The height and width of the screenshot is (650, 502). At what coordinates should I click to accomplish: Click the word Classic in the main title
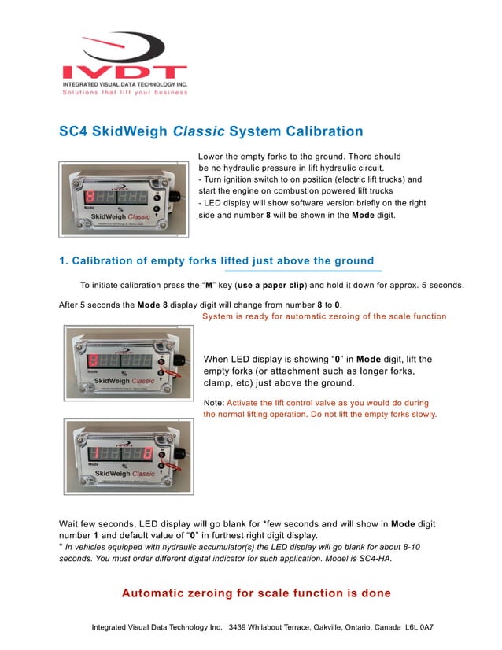[209, 131]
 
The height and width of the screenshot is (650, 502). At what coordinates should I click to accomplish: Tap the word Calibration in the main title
[320, 131]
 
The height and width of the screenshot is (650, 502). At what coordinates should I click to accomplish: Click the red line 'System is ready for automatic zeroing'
[323, 316]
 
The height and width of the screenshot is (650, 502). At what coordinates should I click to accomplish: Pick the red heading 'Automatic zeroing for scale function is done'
[256, 593]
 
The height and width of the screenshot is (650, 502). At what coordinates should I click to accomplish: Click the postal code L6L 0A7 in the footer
[420, 628]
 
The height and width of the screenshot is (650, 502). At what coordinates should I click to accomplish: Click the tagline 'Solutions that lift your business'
[125, 92]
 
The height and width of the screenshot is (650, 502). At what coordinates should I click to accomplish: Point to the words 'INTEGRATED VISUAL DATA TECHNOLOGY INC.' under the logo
[125, 83]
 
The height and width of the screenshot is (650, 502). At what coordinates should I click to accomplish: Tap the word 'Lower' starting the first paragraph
[212, 157]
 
